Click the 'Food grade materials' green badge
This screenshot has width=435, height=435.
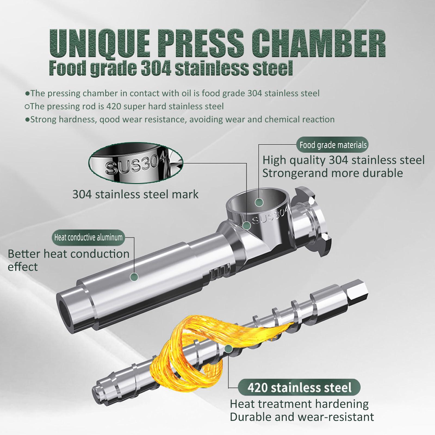click(x=333, y=145)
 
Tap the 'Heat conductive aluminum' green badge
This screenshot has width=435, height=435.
click(x=88, y=237)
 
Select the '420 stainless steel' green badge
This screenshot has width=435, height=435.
click(x=299, y=387)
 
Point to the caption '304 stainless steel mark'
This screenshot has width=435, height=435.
click(x=135, y=194)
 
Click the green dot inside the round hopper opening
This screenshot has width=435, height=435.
click(x=260, y=202)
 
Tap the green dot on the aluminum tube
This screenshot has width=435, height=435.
click(x=134, y=277)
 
